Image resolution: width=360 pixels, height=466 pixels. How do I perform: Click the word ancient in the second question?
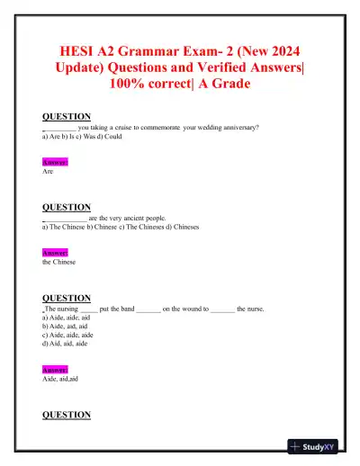click(x=135, y=218)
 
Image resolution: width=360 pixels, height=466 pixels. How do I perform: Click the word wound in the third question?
click(x=184, y=309)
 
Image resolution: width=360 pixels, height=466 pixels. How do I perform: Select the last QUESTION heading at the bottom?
click(x=67, y=415)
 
